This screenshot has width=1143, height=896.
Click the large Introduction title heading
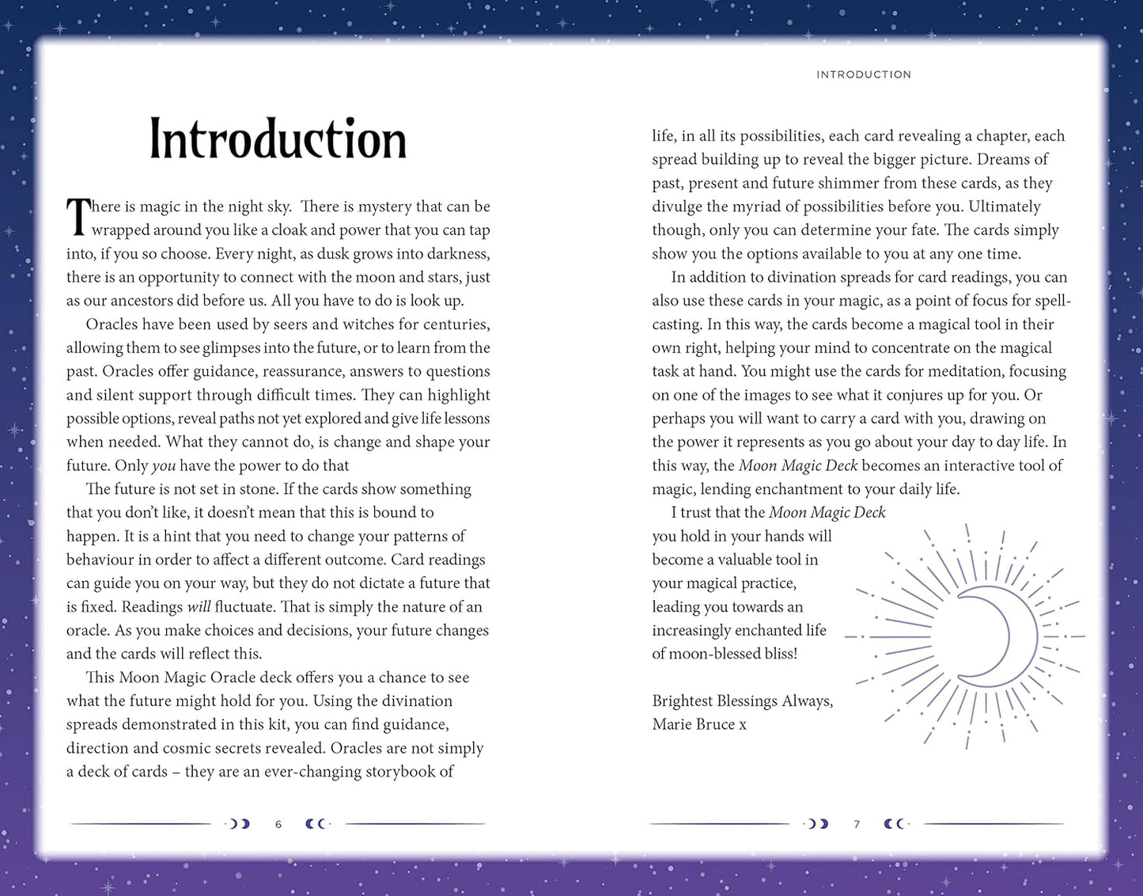pos(278,139)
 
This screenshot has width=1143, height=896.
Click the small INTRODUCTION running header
pos(863,74)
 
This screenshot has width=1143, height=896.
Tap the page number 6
pos(278,825)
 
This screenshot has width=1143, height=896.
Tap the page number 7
pos(857,825)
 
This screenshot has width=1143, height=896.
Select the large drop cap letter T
pos(78,217)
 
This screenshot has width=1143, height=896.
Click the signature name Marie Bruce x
pos(698,724)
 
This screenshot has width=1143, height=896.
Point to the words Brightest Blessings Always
pos(742,700)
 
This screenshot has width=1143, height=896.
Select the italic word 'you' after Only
pos(164,465)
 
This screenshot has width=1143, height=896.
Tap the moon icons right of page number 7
pos(895,824)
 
